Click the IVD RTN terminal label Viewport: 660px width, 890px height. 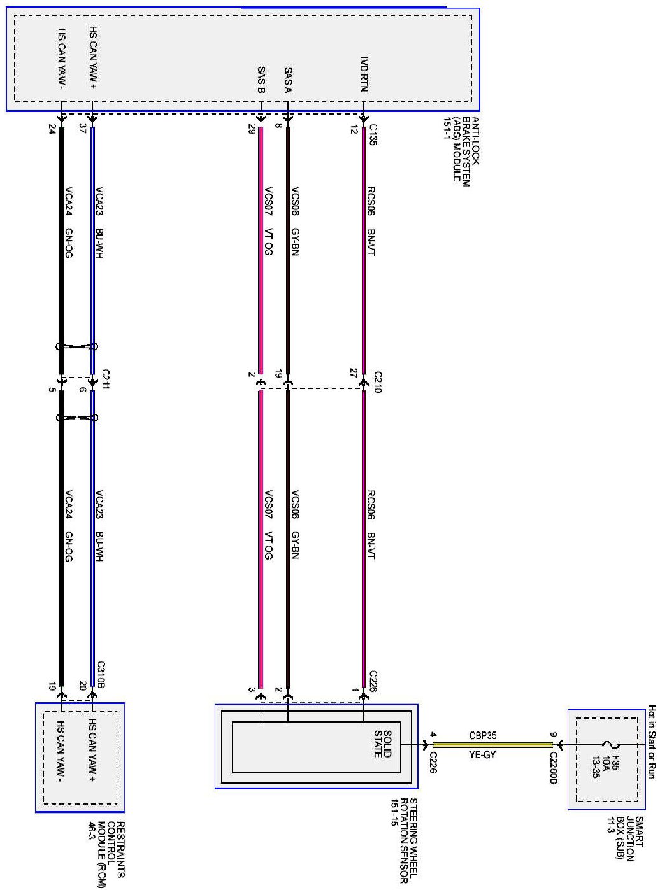click(364, 74)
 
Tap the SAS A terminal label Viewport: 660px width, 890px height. click(288, 81)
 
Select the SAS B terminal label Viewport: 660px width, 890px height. click(261, 81)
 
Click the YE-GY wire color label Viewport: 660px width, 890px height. click(482, 755)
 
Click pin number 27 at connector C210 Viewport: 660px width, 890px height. click(353, 373)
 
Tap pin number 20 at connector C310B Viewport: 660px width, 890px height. click(82, 686)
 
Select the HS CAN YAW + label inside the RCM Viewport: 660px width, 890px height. click(92, 750)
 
